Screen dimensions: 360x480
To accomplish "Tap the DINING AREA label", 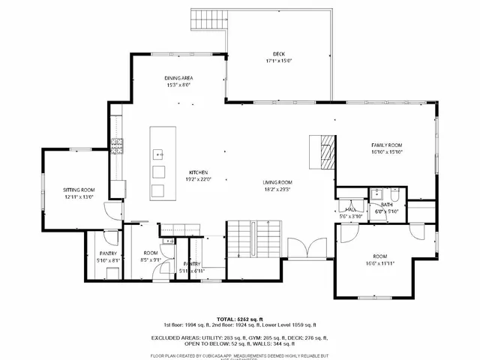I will click(178, 78).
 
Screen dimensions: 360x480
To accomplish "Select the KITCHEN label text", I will click(199, 172).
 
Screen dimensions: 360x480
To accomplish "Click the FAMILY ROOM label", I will click(387, 144).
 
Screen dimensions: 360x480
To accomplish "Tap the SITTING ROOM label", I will click(78, 190).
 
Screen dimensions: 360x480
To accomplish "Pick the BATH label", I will click(386, 204).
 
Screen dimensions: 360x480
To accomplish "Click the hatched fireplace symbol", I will click(325, 153).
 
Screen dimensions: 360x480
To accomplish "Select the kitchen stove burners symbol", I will click(117, 145).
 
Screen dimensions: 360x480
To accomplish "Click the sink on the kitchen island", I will click(159, 154).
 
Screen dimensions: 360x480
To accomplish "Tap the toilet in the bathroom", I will click(395, 194).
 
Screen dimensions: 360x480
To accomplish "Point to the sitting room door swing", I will click(112, 211).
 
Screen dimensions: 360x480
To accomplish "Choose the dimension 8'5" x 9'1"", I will click(151, 260).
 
